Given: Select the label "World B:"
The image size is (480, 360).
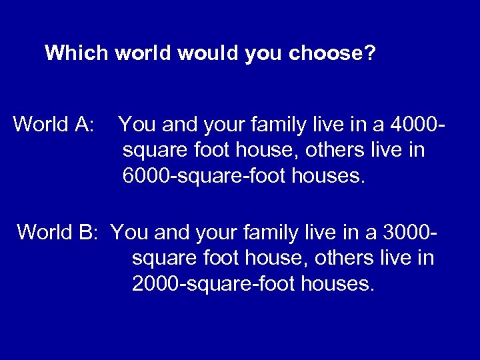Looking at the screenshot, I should [x=58, y=232].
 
